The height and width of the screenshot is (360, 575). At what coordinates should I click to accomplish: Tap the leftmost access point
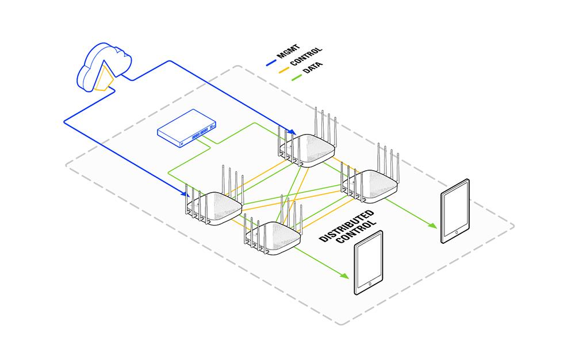[213, 208]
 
